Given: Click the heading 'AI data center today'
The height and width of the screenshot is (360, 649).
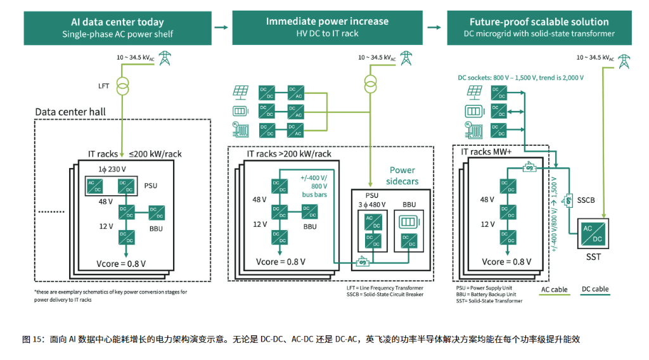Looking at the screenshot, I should click(x=117, y=22).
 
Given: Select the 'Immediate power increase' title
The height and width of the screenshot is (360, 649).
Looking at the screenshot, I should click(x=327, y=21).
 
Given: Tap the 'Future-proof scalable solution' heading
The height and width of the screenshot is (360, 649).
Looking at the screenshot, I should click(x=539, y=22).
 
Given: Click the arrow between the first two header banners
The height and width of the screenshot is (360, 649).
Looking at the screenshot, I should click(x=221, y=28).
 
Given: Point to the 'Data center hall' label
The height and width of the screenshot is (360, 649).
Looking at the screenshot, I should click(x=70, y=112).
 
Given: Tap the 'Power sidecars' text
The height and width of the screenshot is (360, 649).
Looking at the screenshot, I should click(x=402, y=176).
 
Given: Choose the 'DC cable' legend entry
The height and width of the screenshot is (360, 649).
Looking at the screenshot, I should click(x=595, y=290).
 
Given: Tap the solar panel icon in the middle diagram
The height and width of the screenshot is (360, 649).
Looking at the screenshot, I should click(x=240, y=92).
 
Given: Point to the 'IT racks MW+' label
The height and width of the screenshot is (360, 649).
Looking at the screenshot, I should click(x=486, y=152).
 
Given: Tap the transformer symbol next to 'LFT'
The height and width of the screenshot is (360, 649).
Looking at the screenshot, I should click(x=122, y=84).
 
